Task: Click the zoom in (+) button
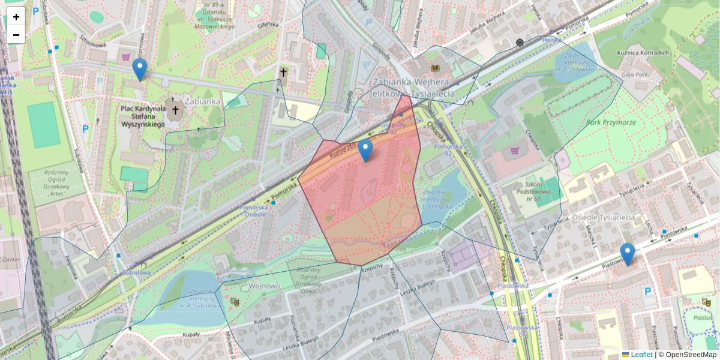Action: (16, 17)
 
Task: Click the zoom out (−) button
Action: (16, 35)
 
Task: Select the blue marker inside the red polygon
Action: (365, 151)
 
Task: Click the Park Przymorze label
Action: (611, 122)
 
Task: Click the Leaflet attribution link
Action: (641, 355)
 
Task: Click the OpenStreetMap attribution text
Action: (690, 355)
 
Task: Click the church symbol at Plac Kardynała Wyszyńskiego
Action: (175, 110)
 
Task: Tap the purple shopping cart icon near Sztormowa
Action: (125, 57)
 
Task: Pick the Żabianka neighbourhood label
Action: (204, 101)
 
